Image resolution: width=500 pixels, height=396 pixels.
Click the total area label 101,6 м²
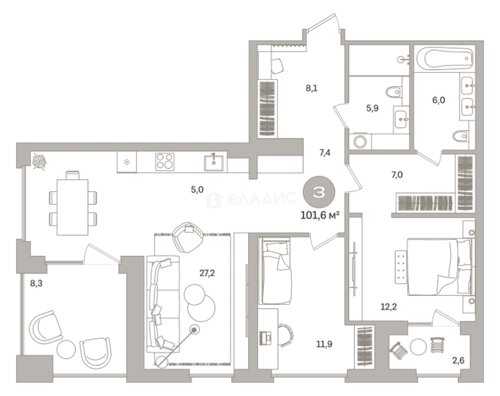pos(320,216)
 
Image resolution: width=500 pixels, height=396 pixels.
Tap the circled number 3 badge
pos(319,192)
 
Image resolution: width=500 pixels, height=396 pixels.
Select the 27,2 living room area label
pos(207,273)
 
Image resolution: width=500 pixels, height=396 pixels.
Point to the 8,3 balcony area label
pos(36,283)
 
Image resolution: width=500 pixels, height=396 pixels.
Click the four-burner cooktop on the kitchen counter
pos(165,162)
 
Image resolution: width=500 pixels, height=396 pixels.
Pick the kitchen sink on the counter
pos(214,163)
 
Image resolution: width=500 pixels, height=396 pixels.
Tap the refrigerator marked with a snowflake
pos(127,162)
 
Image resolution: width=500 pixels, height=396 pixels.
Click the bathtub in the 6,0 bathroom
pos(445,59)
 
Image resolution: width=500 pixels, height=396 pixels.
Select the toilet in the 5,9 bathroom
pos(394,92)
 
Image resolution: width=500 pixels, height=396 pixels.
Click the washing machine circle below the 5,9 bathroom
pos(360,141)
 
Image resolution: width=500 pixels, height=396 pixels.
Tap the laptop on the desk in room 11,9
pos(265,338)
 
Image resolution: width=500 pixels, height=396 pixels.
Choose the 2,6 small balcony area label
pos(459,360)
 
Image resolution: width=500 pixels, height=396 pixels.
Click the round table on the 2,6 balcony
pos(418,347)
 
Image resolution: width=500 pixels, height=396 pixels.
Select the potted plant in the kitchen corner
pos(39,162)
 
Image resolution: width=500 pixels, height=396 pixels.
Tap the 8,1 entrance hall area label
pos(311,88)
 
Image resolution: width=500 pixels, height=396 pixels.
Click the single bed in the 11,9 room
pos(276,271)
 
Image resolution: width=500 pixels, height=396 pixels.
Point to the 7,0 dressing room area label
pos(397,174)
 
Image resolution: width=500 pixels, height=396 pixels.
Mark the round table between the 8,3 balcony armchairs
pos(66,349)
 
